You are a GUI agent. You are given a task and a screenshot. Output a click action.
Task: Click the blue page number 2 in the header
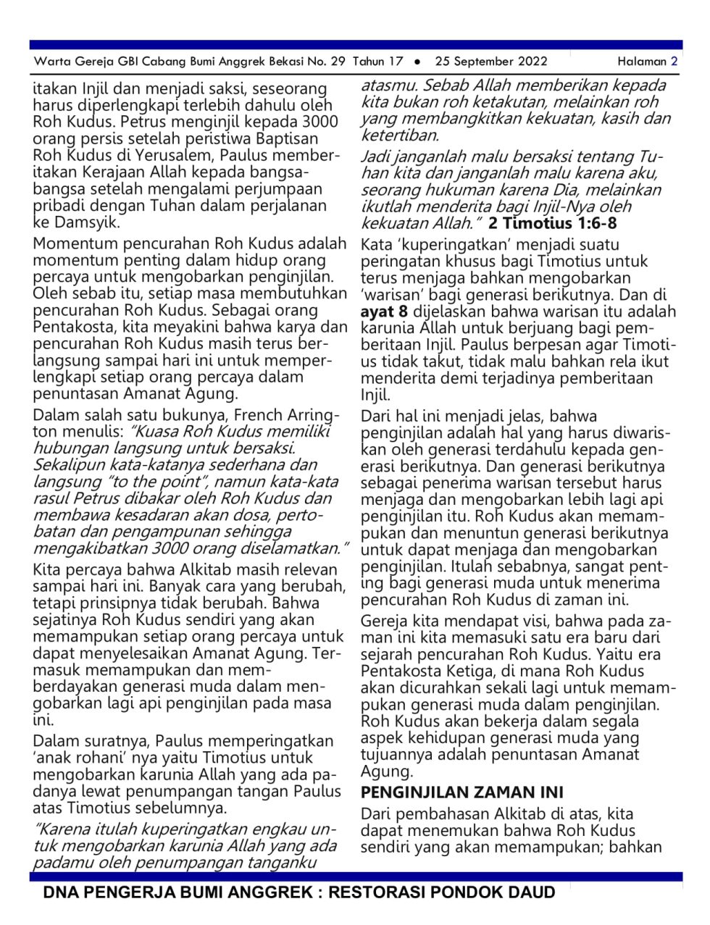point(674,62)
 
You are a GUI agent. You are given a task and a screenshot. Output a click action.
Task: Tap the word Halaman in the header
point(641,62)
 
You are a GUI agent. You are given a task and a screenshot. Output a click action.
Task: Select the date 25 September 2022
point(491,62)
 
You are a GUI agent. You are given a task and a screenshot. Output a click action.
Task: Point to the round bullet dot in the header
point(418,62)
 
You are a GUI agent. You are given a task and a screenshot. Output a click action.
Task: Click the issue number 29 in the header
point(338,62)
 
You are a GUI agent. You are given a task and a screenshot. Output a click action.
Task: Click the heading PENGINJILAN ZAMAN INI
point(462,792)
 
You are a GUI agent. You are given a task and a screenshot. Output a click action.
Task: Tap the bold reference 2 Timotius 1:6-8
point(553,223)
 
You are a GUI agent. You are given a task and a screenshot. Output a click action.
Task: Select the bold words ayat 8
point(384,311)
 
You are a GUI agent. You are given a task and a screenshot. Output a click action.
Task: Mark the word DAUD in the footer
point(530,892)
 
